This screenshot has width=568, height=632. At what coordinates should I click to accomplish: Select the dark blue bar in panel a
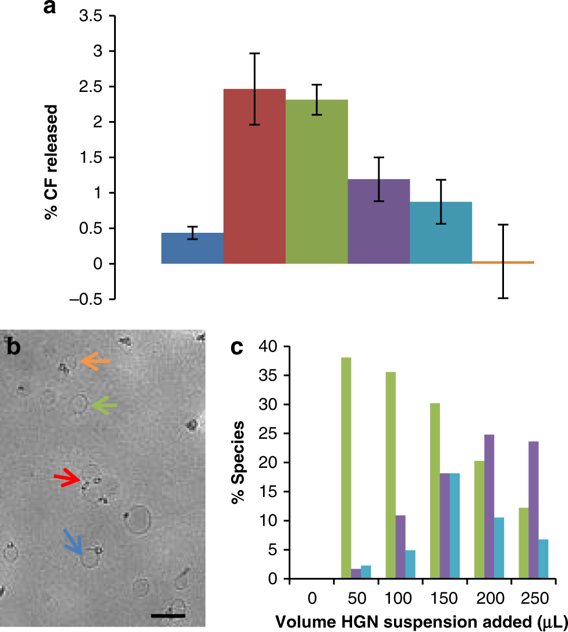point(192,248)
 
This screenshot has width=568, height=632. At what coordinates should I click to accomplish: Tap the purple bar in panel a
point(379,221)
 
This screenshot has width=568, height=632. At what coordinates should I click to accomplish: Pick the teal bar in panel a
point(441,233)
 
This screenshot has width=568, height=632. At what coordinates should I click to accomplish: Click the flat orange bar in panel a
point(503,263)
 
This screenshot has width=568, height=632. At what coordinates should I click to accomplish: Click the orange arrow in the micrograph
point(95,362)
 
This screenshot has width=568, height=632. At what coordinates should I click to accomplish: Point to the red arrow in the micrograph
point(68,478)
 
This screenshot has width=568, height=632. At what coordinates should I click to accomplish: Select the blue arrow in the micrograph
point(73,541)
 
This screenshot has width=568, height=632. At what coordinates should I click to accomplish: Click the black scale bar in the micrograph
point(168,615)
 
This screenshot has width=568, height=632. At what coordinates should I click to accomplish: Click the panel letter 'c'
point(237,348)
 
